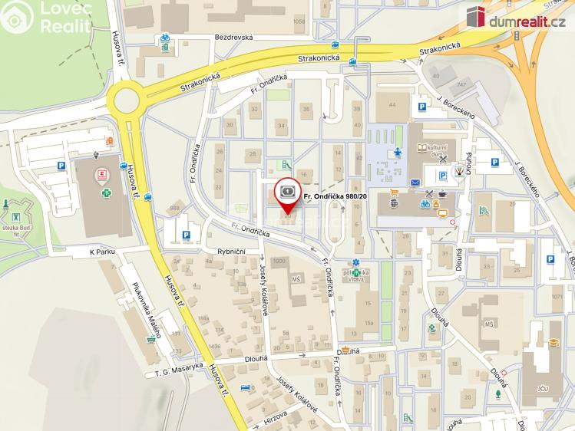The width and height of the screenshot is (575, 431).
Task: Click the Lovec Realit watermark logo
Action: [x=46, y=16]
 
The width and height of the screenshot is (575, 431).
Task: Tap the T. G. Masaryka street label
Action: [x=177, y=372]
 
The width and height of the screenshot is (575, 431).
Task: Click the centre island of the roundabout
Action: [x=127, y=99]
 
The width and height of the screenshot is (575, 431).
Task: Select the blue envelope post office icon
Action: [x=415, y=183]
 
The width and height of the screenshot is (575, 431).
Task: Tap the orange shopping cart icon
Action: [x=395, y=192]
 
